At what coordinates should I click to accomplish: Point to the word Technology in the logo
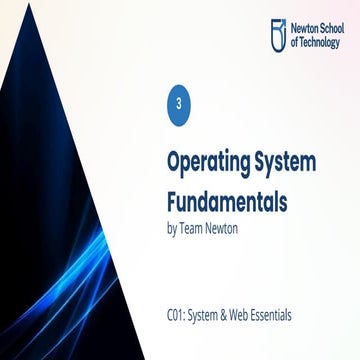[x=321, y=43]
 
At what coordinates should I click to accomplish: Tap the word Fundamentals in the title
[x=226, y=198]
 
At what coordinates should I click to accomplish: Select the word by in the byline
[x=171, y=227]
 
